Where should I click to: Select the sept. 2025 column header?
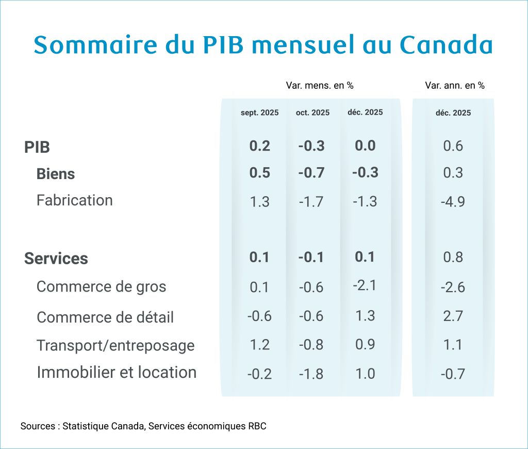[259, 113]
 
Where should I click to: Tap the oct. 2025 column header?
[312, 113]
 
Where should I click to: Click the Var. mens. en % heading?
[320, 86]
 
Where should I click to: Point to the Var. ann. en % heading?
[455, 86]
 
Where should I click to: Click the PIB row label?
[37, 147]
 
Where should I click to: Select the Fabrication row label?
[74, 200]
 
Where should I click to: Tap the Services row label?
[56, 259]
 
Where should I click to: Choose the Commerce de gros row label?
[101, 286]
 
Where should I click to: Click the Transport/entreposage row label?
[115, 345]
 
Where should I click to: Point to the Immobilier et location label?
[117, 372]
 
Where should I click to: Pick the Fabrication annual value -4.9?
[453, 201]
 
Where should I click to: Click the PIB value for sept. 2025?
[259, 146]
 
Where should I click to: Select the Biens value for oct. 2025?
[311, 173]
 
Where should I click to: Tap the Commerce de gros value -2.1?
[365, 285]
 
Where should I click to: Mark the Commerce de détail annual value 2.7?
[453, 316]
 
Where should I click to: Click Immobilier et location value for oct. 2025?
[311, 374]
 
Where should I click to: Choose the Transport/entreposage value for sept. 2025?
[259, 345]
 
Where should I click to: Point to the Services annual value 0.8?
[453, 258]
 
